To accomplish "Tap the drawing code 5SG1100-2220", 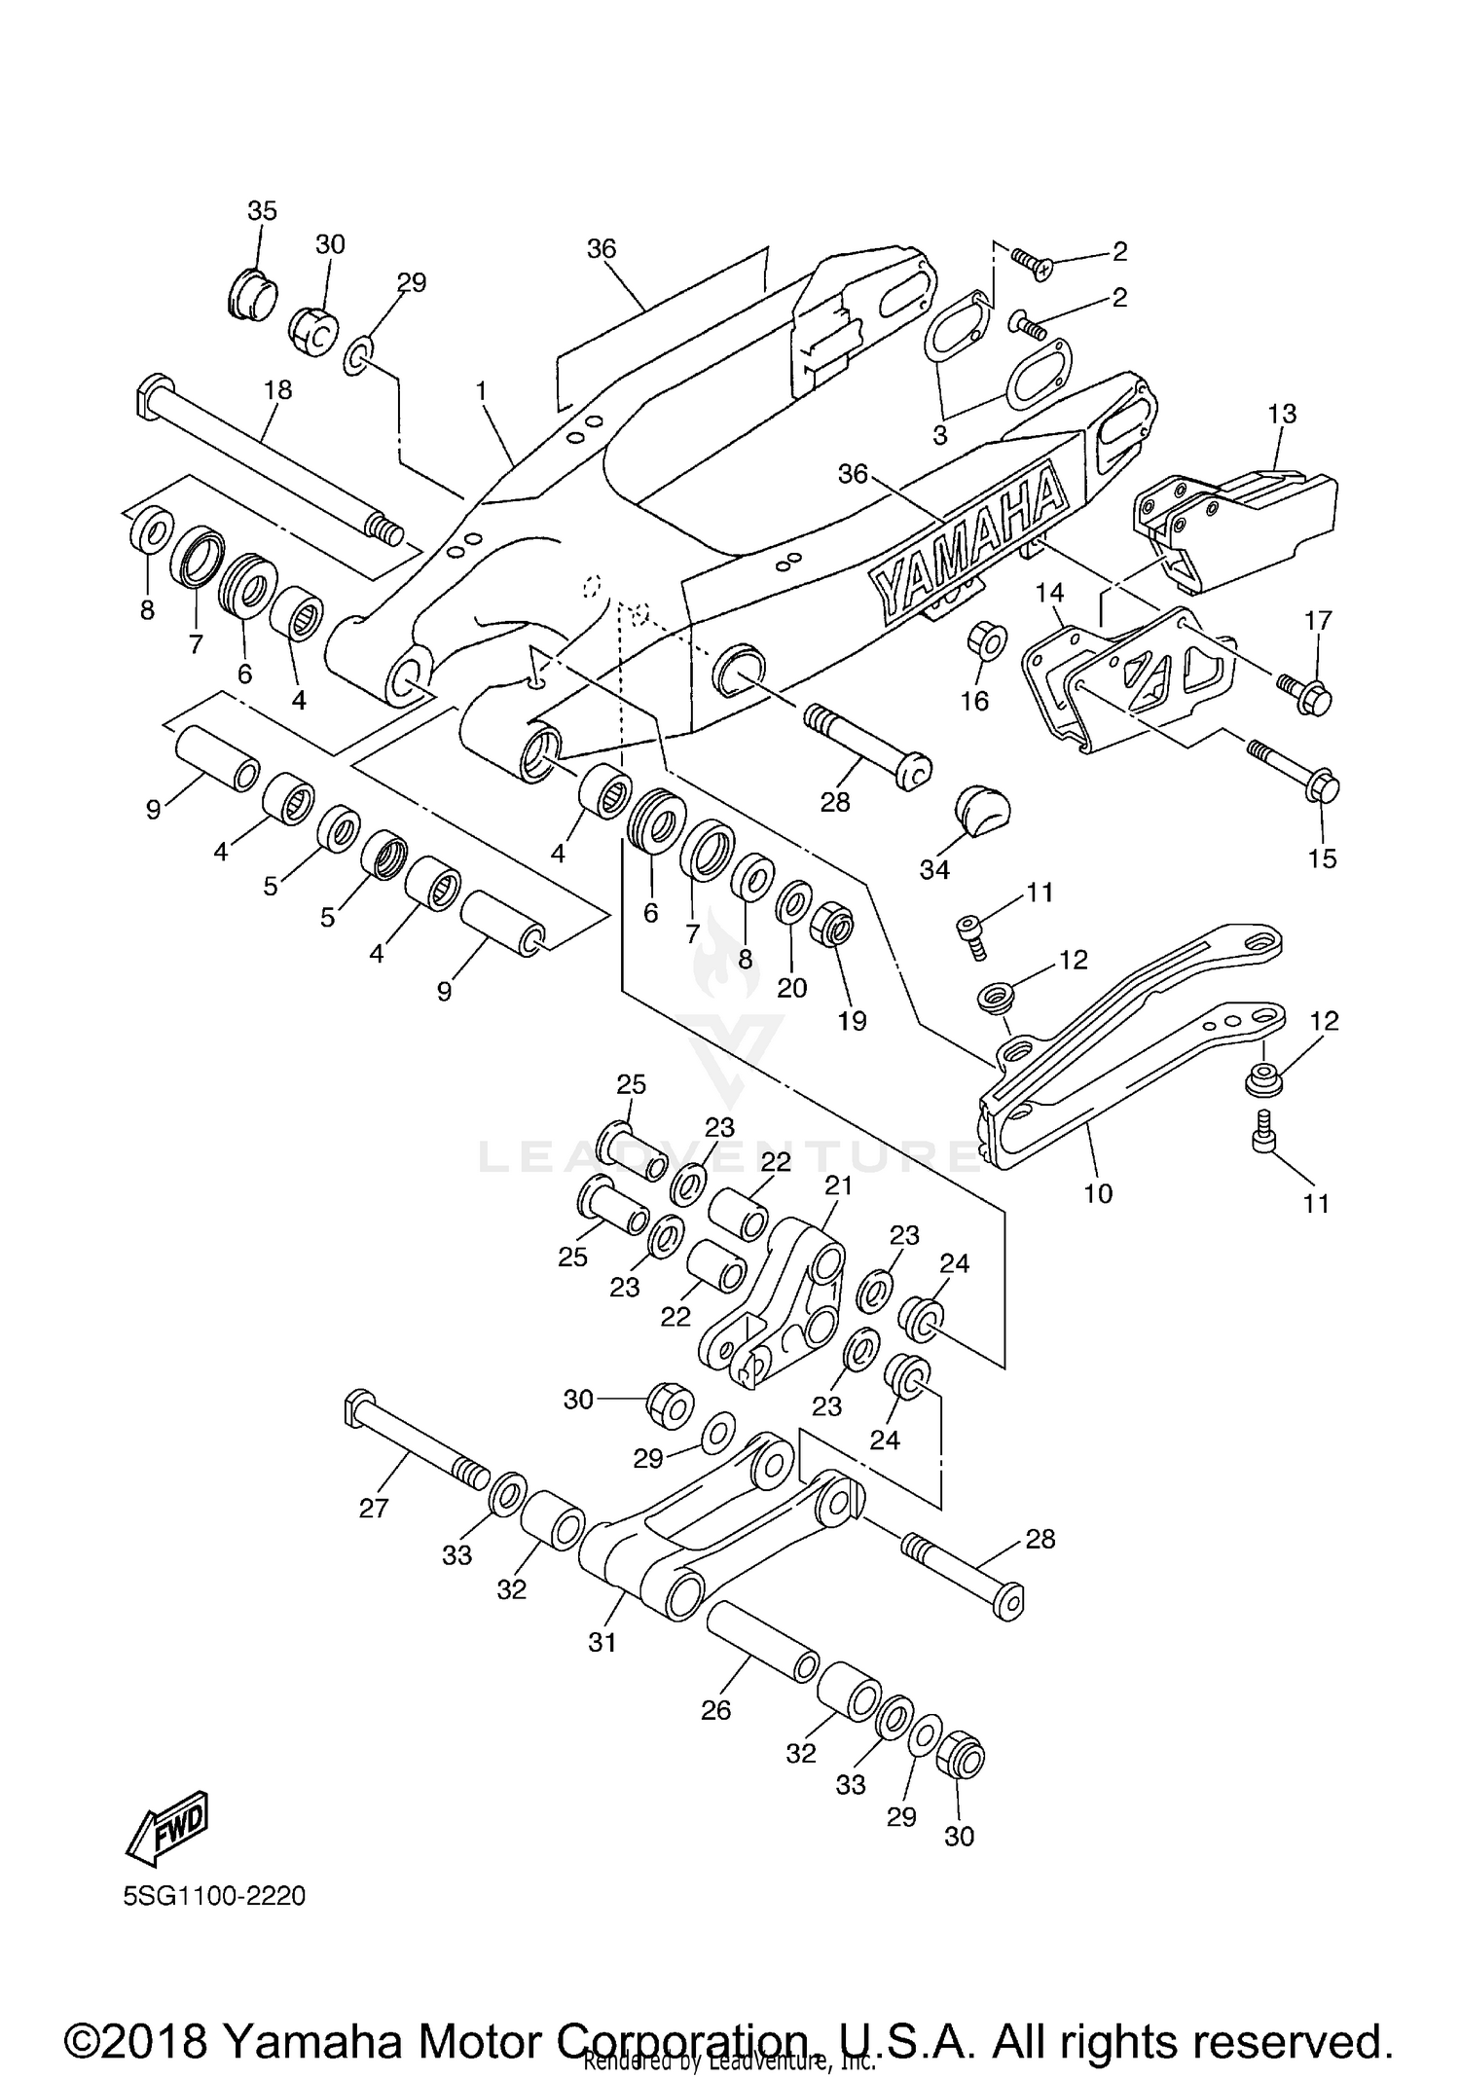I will click(214, 1896).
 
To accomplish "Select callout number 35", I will click(262, 211).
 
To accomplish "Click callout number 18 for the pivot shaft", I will click(277, 390).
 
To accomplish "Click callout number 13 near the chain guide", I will click(1282, 414).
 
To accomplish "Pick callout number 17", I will click(1318, 620).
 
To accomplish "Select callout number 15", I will click(1323, 858).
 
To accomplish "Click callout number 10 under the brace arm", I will click(1098, 1193).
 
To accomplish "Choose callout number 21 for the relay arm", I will click(838, 1185).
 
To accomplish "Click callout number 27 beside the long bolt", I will click(374, 1509).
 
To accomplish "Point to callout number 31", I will click(602, 1643).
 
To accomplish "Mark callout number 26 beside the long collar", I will click(715, 1711).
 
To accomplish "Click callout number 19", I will click(852, 1021).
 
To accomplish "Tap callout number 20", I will click(792, 988).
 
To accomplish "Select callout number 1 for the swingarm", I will click(481, 390).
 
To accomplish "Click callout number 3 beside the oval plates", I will click(939, 435).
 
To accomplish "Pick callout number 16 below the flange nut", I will click(974, 701).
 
